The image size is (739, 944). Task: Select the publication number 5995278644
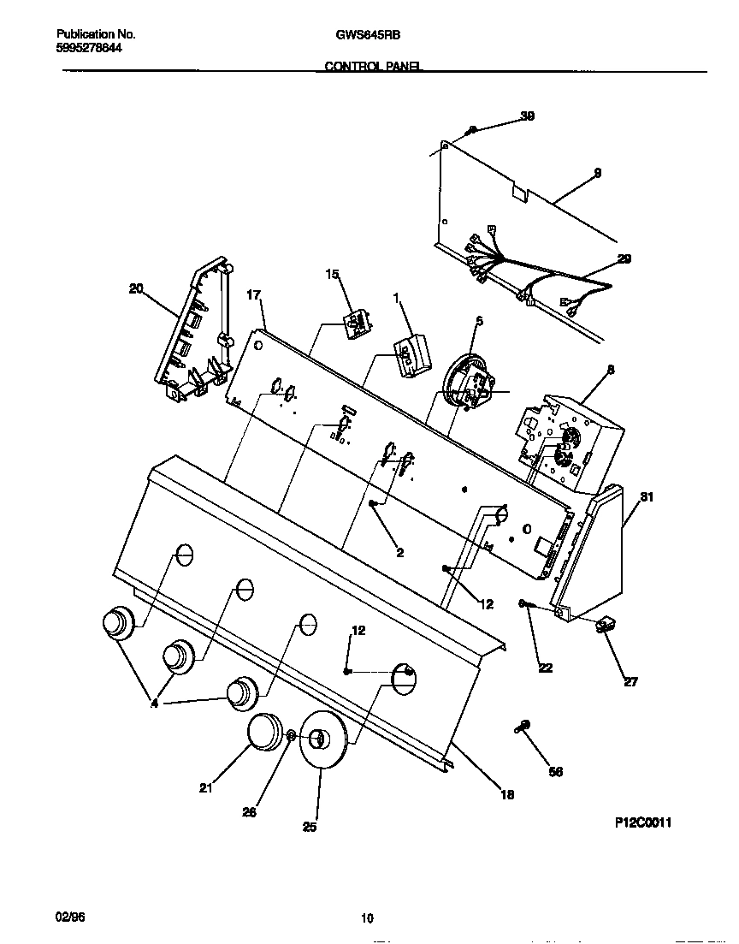[89, 49]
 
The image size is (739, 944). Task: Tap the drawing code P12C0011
[643, 822]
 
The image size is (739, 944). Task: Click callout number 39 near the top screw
[528, 117]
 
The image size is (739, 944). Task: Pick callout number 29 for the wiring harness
[624, 259]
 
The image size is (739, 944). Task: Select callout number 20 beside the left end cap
[135, 289]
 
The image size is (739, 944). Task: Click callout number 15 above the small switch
[332, 275]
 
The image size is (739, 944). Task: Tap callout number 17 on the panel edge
[253, 295]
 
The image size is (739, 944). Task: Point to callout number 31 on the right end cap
[647, 497]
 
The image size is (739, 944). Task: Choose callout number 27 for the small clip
[630, 682]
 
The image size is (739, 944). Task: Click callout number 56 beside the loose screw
[556, 771]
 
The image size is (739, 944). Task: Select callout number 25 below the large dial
[310, 827]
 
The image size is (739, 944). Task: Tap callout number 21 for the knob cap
[205, 788]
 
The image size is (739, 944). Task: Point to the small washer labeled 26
[291, 736]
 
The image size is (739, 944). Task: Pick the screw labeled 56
[522, 727]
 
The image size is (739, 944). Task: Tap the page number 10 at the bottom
[367, 919]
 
